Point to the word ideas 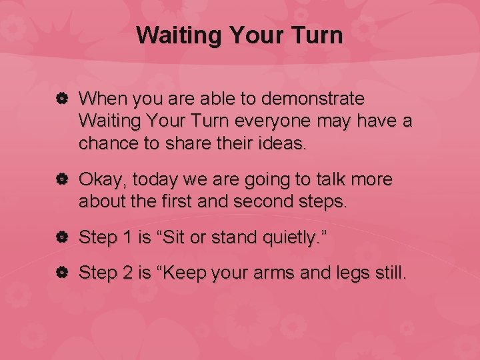[x=283, y=144]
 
